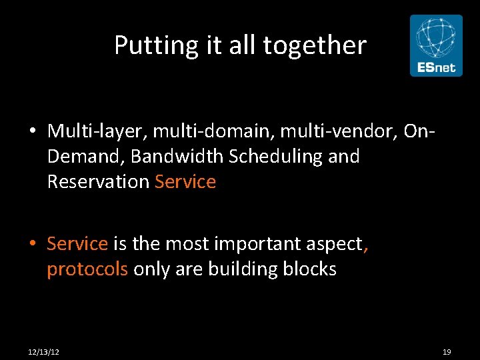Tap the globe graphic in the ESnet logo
435,38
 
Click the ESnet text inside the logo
435,67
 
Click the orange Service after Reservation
185,181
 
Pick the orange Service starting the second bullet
77,244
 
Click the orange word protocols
87,269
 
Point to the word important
255,244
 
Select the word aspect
338,244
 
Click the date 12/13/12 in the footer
43,351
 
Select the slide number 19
447,351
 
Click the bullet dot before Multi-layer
33,131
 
